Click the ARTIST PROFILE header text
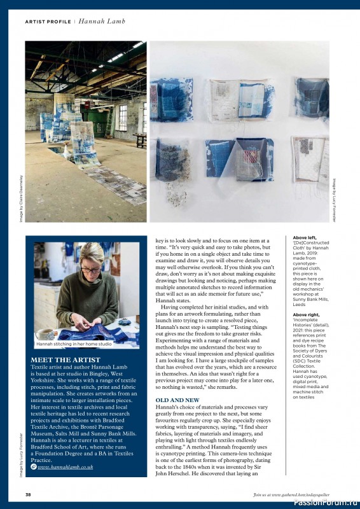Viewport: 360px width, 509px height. click(48, 21)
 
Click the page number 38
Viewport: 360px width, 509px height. click(28, 494)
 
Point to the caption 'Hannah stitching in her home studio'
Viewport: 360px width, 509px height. click(74, 344)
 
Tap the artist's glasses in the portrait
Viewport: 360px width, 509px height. click(90, 270)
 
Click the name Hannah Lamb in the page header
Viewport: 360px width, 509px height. click(102, 21)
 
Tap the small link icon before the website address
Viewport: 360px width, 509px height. click(34, 466)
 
